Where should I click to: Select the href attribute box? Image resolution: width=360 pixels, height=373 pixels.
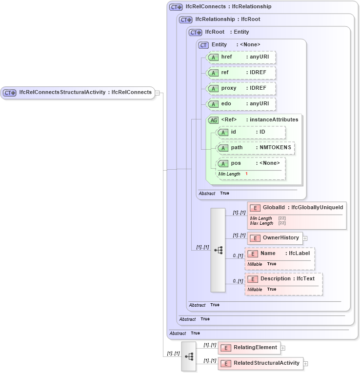(241, 57)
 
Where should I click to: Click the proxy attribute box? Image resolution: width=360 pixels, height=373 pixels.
(241, 88)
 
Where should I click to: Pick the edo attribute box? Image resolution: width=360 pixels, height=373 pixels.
(241, 104)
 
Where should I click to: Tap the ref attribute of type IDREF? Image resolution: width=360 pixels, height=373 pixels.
(241, 73)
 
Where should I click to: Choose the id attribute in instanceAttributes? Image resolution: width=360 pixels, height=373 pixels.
(251, 132)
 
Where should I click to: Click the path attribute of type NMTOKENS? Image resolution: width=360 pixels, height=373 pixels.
(256, 148)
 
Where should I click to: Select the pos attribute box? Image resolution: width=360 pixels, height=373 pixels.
(251, 164)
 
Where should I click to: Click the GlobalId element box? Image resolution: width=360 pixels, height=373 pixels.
(297, 208)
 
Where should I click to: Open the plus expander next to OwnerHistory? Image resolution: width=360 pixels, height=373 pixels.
(305, 238)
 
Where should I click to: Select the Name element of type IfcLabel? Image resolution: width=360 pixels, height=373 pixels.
(280, 254)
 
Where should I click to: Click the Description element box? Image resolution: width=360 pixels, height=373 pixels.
(284, 279)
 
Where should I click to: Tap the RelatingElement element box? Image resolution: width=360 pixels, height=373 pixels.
(250, 348)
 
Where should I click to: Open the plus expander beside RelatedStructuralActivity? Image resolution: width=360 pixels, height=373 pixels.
(305, 363)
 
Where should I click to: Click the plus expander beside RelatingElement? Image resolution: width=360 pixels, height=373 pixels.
(283, 348)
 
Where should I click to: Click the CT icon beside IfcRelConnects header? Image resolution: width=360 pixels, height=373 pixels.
(176, 7)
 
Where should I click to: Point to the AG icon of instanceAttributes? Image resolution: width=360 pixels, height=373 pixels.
(213, 120)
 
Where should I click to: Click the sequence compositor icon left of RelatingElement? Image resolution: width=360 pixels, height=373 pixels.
(189, 356)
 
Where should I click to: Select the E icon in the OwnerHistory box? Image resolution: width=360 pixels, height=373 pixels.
(254, 238)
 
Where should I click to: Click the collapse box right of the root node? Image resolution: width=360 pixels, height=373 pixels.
(158, 93)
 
